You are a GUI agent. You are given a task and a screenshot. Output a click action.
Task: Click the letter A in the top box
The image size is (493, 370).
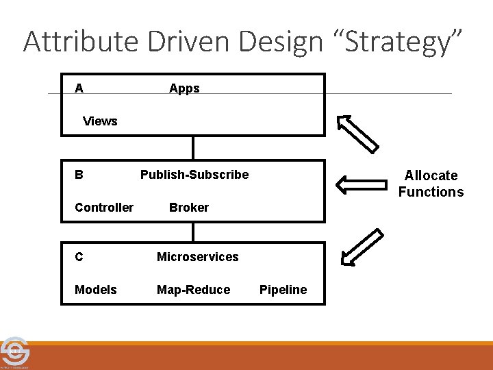tap(79, 88)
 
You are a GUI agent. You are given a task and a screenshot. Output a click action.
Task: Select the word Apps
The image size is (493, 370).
tap(184, 88)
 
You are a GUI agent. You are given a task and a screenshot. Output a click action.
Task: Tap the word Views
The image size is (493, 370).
tap(100, 121)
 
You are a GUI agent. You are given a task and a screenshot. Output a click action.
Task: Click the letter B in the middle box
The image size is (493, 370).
tap(79, 175)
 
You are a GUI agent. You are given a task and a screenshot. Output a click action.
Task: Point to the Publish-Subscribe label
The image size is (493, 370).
tap(194, 175)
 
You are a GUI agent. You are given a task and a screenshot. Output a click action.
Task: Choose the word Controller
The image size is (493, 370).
tap(104, 208)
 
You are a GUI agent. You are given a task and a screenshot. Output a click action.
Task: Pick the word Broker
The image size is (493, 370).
tap(189, 208)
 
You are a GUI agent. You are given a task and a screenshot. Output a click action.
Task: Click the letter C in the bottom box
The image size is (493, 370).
tap(79, 257)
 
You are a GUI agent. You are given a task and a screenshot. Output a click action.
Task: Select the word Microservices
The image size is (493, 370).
tap(198, 257)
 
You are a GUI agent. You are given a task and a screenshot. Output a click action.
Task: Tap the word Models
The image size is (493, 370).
tap(96, 290)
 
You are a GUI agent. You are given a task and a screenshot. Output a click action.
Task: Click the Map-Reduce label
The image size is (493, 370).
tap(194, 290)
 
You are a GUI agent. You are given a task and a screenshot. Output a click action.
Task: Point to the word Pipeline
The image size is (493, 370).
tap(283, 290)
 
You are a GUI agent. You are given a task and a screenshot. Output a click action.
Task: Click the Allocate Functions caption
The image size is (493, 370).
tap(431, 184)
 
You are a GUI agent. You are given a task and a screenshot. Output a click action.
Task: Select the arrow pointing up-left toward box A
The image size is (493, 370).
tap(357, 132)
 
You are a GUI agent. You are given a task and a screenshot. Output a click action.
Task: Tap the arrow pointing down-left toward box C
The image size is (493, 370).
tap(361, 247)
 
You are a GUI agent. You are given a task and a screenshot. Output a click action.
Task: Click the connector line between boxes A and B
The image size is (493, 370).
tap(194, 147)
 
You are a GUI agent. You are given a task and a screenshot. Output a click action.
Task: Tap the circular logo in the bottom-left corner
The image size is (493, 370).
tap(13, 352)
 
